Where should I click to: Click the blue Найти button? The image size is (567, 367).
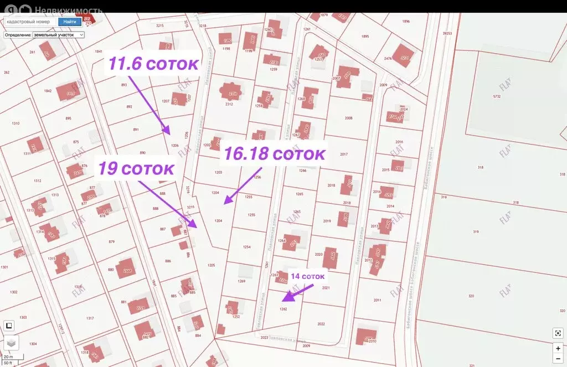point(70,22)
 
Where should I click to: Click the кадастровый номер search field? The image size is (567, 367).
point(30,22)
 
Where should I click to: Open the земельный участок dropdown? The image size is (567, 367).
point(58,34)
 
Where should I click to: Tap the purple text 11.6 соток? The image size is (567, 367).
point(153,64)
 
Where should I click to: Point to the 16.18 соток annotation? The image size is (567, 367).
point(274,154)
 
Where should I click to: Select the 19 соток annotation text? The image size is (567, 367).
point(136,168)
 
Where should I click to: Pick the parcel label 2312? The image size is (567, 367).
point(229,104)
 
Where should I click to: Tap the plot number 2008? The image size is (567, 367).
point(348,118)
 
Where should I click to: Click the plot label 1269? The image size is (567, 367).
point(241,281)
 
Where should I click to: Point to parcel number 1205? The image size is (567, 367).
point(211,265)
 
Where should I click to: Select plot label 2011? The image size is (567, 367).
point(377,300)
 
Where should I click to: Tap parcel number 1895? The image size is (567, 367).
point(365,36)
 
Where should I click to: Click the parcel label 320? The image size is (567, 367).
point(471,296)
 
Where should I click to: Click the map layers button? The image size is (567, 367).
point(11,343)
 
